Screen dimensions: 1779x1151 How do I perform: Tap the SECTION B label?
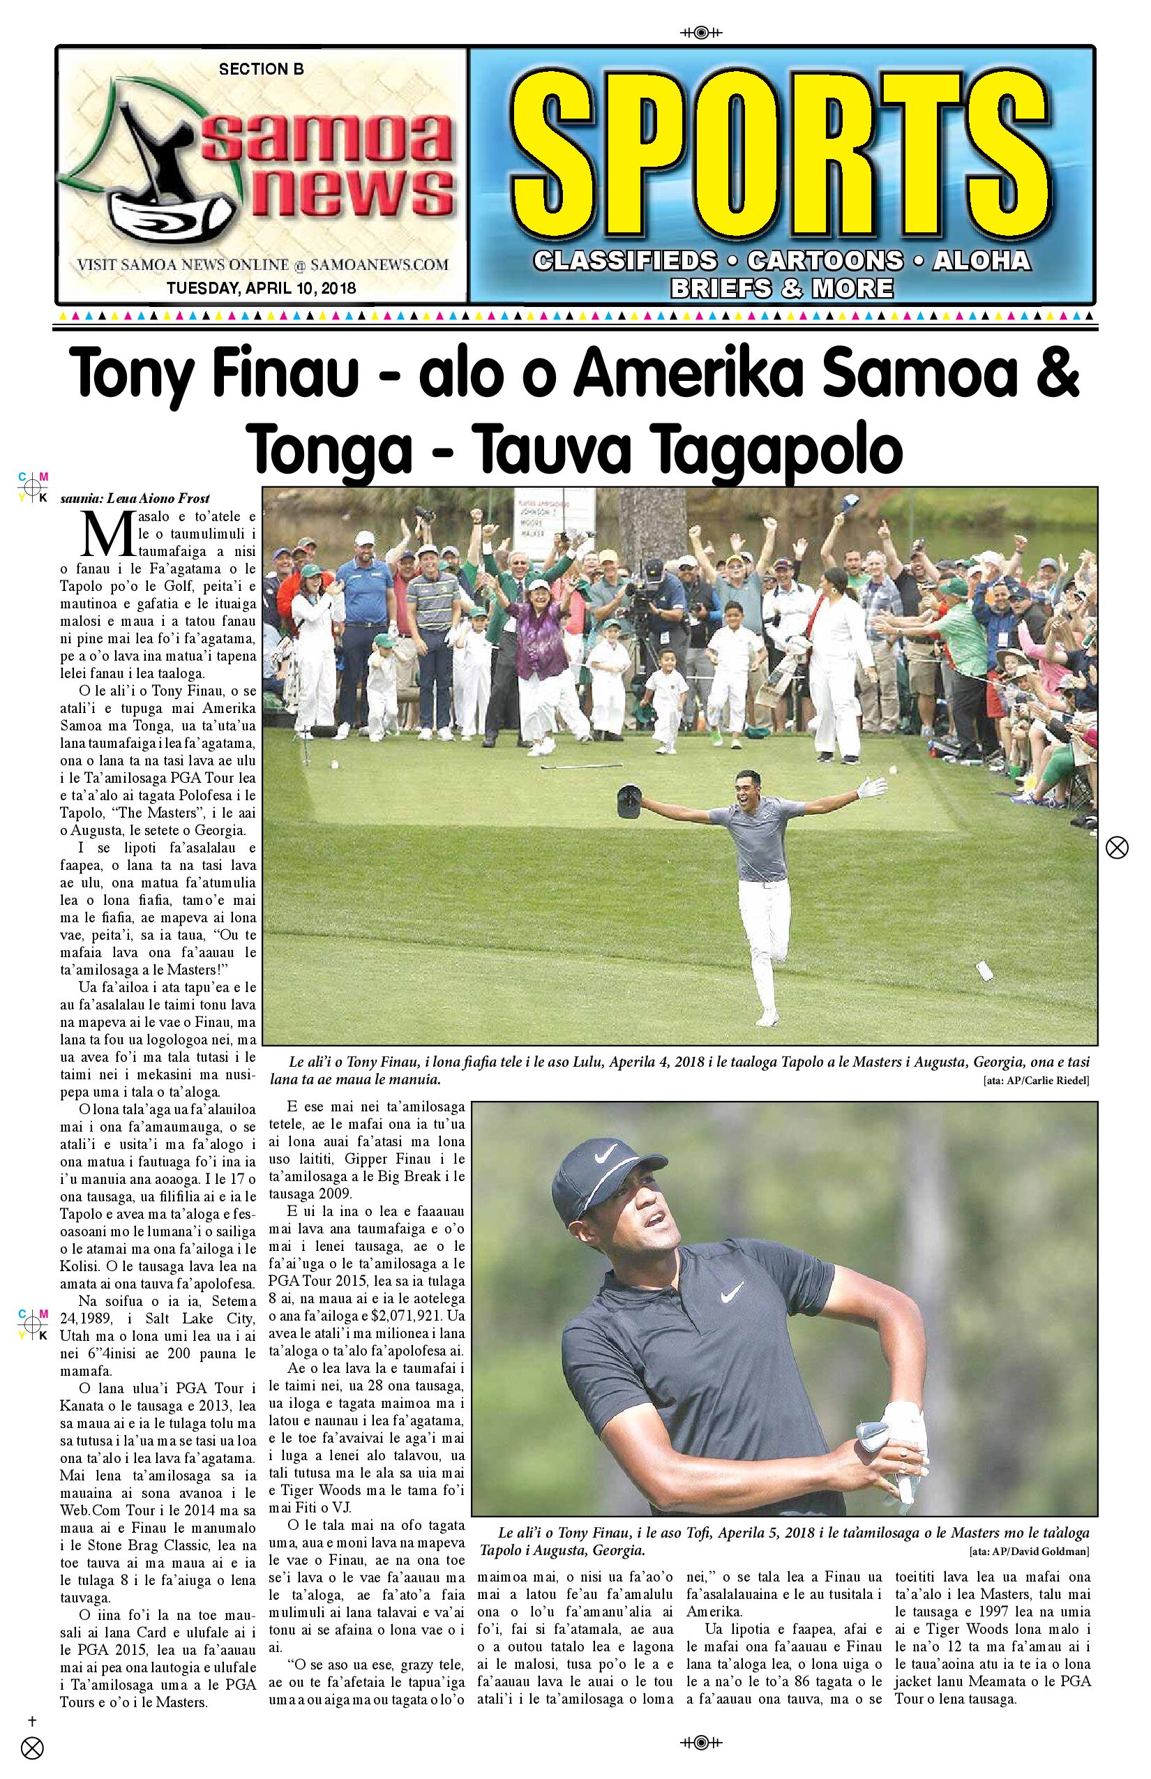pyautogui.click(x=261, y=70)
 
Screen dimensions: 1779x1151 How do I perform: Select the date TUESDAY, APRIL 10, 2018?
pyautogui.click(x=261, y=287)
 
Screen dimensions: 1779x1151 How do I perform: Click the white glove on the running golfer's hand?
pyautogui.click(x=871, y=786)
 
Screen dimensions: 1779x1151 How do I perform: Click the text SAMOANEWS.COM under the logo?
pyautogui.click(x=379, y=264)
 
